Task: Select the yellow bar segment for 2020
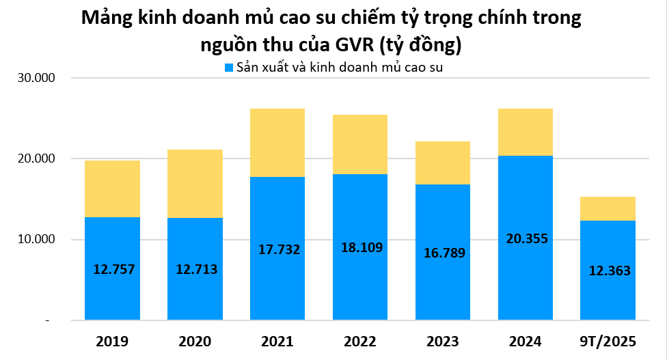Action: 195,183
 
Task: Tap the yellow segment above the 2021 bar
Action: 277,142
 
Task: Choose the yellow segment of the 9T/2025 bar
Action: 608,208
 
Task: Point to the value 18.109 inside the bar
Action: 359,247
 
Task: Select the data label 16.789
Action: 442,253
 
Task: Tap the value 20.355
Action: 525,239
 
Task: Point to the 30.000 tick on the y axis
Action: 36,78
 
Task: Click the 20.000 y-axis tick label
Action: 36,158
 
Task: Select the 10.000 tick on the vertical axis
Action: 36,240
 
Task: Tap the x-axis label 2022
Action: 359,341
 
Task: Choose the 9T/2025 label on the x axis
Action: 608,341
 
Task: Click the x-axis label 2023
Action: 442,341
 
